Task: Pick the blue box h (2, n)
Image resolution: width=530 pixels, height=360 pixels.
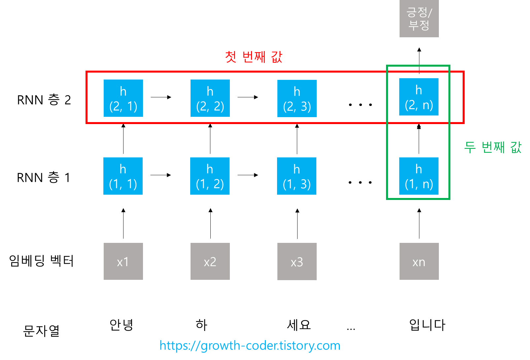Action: [419, 97]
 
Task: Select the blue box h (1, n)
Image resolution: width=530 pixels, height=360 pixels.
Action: [419, 176]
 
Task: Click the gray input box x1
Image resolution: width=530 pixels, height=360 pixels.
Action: [123, 261]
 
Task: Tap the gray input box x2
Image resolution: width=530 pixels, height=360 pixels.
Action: [210, 261]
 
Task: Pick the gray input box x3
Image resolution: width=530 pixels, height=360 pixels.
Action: [297, 261]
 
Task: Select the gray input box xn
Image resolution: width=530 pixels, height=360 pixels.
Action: [419, 261]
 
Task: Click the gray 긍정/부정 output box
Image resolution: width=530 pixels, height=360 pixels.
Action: [419, 18]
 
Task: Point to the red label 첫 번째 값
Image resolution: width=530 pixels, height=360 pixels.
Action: [254, 57]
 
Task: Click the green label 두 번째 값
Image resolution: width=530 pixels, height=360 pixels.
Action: [493, 147]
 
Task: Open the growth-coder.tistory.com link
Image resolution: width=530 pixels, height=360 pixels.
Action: [250, 345]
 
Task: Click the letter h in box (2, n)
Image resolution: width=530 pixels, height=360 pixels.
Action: [419, 90]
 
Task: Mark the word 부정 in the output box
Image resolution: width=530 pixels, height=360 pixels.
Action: [419, 25]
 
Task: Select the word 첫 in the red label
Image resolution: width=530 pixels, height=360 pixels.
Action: [231, 57]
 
